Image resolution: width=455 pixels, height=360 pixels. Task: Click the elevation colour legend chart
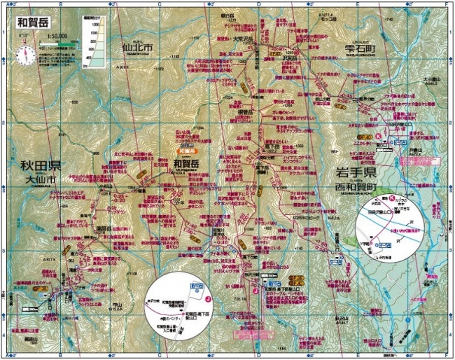pyautogui.click(x=92, y=41)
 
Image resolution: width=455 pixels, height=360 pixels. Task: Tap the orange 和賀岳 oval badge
pyautogui.click(x=188, y=150)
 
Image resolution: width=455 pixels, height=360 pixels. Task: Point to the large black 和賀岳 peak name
pyautogui.click(x=186, y=162)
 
